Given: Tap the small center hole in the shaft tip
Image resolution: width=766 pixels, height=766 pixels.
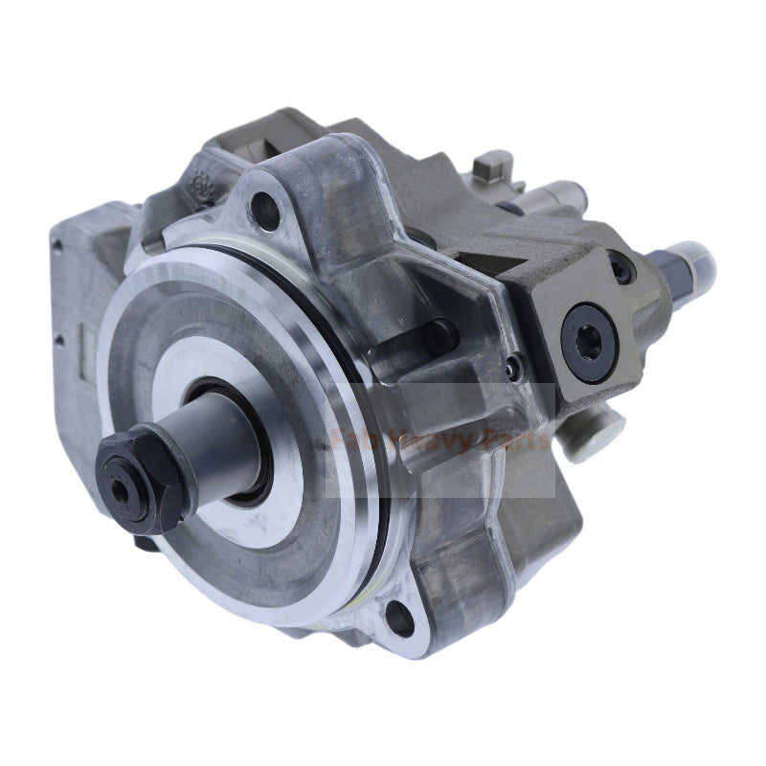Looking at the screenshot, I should (x=121, y=487).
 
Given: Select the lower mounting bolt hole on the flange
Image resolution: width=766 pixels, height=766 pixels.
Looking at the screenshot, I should (x=400, y=620).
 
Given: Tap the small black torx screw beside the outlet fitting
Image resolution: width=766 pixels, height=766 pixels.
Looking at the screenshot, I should (x=622, y=272).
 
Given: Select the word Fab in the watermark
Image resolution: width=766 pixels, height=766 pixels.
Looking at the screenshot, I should (x=349, y=441).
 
